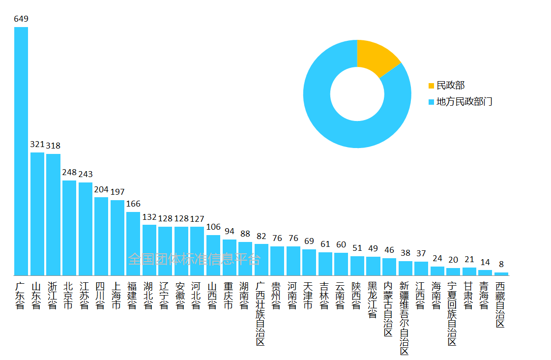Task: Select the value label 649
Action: (x=21, y=19)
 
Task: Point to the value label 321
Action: (x=37, y=145)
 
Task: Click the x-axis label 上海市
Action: (x=117, y=295)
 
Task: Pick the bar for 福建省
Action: (x=133, y=243)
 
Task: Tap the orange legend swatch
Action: (x=432, y=86)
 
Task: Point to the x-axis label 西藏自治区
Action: (x=500, y=304)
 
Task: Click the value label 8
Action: (x=501, y=264)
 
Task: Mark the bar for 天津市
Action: (x=309, y=262)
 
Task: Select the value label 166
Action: (x=133, y=204)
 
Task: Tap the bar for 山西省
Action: (x=213, y=255)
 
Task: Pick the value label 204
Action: (x=101, y=189)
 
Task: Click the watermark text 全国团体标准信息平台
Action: (x=194, y=259)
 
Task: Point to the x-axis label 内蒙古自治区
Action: (x=388, y=309)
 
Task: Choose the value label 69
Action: (x=309, y=241)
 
